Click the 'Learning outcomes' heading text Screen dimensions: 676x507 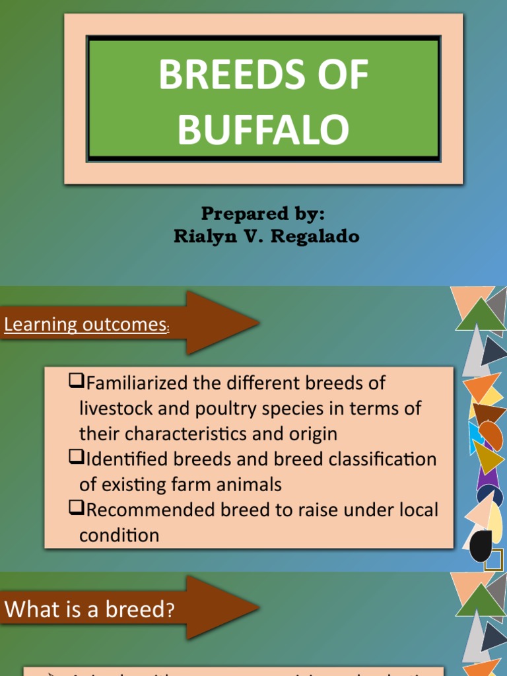[x=85, y=325]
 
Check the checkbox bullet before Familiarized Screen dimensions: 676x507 [x=76, y=381]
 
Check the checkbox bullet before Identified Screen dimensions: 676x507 [x=76, y=457]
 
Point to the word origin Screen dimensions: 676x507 [x=311, y=434]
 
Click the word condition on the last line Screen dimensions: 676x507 [x=119, y=535]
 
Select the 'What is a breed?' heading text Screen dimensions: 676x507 [x=90, y=609]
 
